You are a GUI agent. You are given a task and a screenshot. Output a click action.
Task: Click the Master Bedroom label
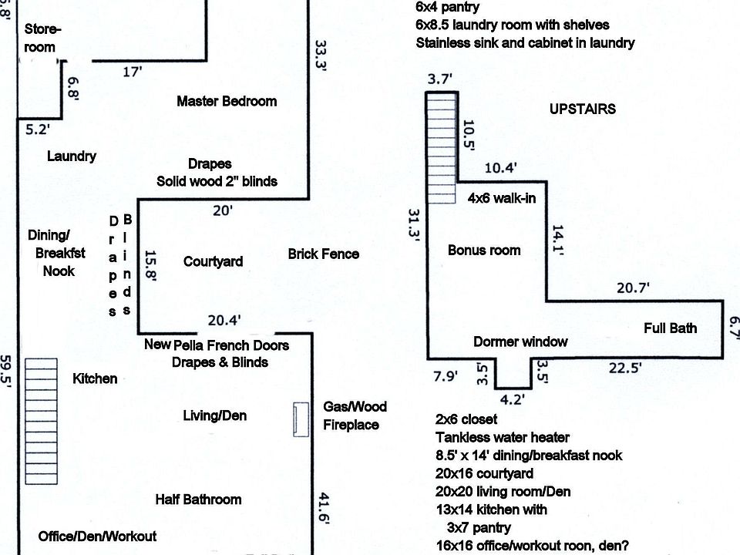[227, 101]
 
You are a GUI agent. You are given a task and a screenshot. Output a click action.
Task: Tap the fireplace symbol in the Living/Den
[299, 419]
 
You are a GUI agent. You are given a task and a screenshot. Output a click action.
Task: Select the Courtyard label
[213, 261]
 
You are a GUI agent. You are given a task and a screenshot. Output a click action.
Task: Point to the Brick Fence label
[324, 254]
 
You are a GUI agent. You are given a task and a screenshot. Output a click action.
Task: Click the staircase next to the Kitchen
[41, 421]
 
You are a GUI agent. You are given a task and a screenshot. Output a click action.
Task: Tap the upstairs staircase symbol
[442, 147]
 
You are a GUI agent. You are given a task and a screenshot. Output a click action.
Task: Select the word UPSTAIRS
[583, 109]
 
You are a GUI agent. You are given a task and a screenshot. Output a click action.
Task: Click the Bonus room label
[484, 250]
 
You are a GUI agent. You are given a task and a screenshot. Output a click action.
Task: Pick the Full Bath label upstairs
[671, 328]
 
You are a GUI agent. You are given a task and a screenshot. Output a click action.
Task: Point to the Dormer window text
[520, 341]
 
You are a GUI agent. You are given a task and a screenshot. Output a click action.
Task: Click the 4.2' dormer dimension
[513, 399]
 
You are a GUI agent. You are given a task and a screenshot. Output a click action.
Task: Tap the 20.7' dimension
[634, 288]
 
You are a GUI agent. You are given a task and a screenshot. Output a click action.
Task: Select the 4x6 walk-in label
[502, 198]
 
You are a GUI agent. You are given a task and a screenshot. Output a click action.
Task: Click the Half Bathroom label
[198, 499]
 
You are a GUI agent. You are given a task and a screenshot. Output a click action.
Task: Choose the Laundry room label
[72, 156]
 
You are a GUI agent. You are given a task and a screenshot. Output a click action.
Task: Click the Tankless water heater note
[503, 437]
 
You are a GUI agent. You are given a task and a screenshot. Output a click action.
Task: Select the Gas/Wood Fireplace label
[355, 415]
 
